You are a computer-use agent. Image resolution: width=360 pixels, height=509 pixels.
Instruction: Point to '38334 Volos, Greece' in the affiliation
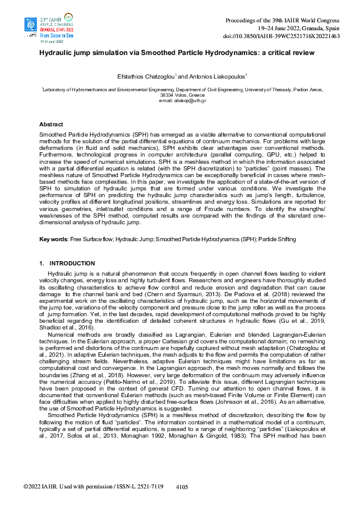tap(180, 95)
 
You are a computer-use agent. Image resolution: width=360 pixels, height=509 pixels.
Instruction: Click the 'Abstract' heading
tap(51, 123)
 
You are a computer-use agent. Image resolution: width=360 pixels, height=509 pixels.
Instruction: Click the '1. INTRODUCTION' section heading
tap(67, 264)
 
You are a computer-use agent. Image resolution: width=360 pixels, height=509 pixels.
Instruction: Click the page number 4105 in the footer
tap(182, 485)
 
